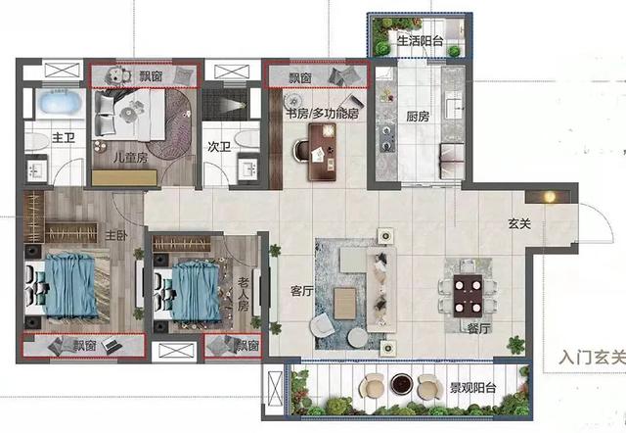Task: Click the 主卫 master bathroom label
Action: coord(64,138)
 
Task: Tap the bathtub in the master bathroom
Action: coord(59,103)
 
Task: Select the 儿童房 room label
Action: coord(130,157)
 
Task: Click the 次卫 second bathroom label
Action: coord(219,147)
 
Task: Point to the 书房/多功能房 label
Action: coord(322,114)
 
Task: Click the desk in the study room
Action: coord(322,152)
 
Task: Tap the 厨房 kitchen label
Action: coord(418,117)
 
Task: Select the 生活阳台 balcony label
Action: coord(421,40)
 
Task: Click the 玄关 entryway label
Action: coord(519,224)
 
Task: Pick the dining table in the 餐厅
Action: coord(468,296)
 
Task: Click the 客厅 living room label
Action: coord(302,291)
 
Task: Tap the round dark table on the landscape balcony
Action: coord(401,384)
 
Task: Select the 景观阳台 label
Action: coord(473,387)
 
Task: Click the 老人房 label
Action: coord(244,295)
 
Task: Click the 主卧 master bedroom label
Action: coord(116,235)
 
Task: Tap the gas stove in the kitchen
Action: coord(386,138)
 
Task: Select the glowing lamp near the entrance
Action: coord(550,197)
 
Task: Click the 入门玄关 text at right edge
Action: coord(593,357)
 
